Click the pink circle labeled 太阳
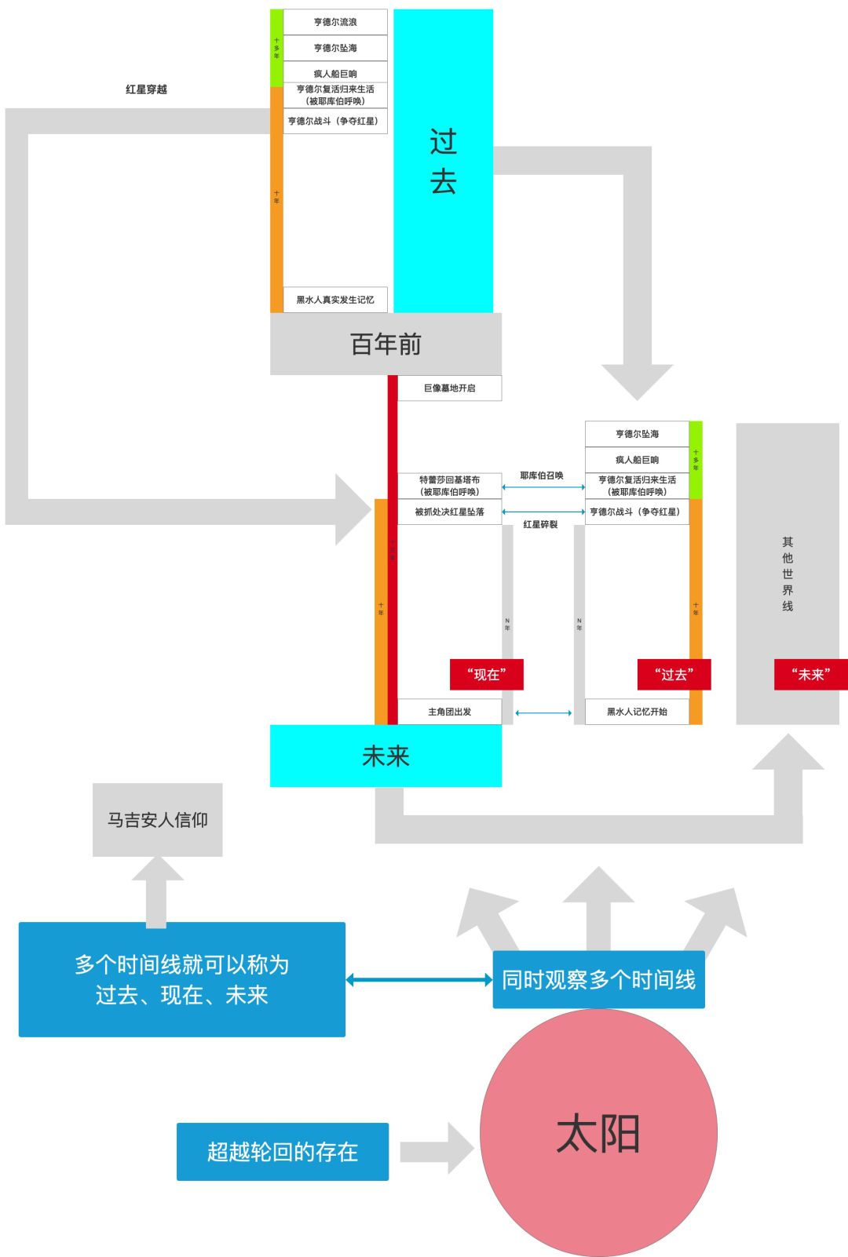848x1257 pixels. coord(598,1133)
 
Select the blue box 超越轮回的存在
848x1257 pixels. coord(283,1151)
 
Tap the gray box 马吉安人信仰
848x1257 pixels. coord(158,820)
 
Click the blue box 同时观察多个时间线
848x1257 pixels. coord(598,979)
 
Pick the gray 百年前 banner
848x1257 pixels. coord(386,344)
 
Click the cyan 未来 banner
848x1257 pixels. coord(386,756)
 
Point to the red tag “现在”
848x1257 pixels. coord(486,674)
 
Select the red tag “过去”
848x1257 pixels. coord(674,674)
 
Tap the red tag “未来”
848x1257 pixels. coord(810,674)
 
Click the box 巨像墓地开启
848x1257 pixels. coord(449,388)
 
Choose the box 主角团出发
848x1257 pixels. coord(449,712)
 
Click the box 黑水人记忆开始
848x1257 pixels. coord(637,712)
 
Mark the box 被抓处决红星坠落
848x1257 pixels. coord(449,512)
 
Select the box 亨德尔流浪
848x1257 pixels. coord(335,22)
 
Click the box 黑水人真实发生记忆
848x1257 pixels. coord(335,300)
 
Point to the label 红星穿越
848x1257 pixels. coord(146,89)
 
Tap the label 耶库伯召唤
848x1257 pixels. coord(542,475)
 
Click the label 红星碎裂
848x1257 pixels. coord(540,524)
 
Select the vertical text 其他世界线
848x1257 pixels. coord(788,574)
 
